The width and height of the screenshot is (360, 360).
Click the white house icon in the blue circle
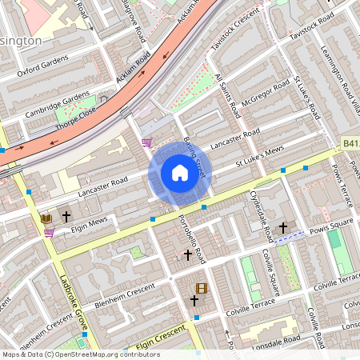click(180, 172)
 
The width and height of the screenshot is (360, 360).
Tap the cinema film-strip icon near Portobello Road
click(201, 288)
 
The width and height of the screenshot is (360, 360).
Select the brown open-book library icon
click(46, 218)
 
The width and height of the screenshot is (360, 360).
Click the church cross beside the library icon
click(66, 217)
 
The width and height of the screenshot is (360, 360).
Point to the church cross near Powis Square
click(282, 229)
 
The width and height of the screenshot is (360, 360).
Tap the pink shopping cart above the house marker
click(146, 142)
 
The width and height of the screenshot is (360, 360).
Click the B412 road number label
click(350, 142)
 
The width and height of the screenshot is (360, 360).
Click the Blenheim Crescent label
click(125, 291)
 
